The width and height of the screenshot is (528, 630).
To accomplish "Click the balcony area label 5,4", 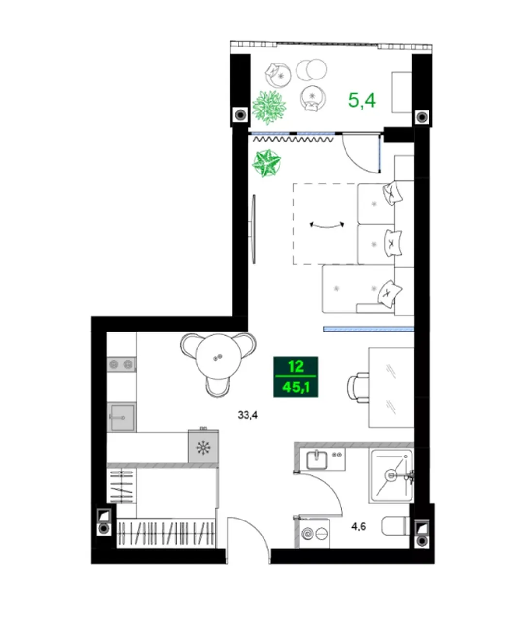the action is (362, 100).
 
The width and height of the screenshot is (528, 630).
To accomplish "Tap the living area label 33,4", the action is (247, 415).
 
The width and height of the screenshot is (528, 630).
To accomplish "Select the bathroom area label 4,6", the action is (359, 526).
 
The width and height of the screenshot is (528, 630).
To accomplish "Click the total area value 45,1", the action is (296, 387).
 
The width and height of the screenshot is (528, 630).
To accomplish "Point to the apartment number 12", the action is (296, 366).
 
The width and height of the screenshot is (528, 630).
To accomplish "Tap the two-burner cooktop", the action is (122, 364).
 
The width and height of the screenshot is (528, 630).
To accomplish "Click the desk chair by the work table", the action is (359, 388).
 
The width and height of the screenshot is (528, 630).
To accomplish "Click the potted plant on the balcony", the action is (269, 107).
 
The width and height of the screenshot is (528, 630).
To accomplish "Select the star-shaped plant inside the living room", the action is (267, 163).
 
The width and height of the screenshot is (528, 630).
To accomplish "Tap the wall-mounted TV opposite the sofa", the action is (254, 229).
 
